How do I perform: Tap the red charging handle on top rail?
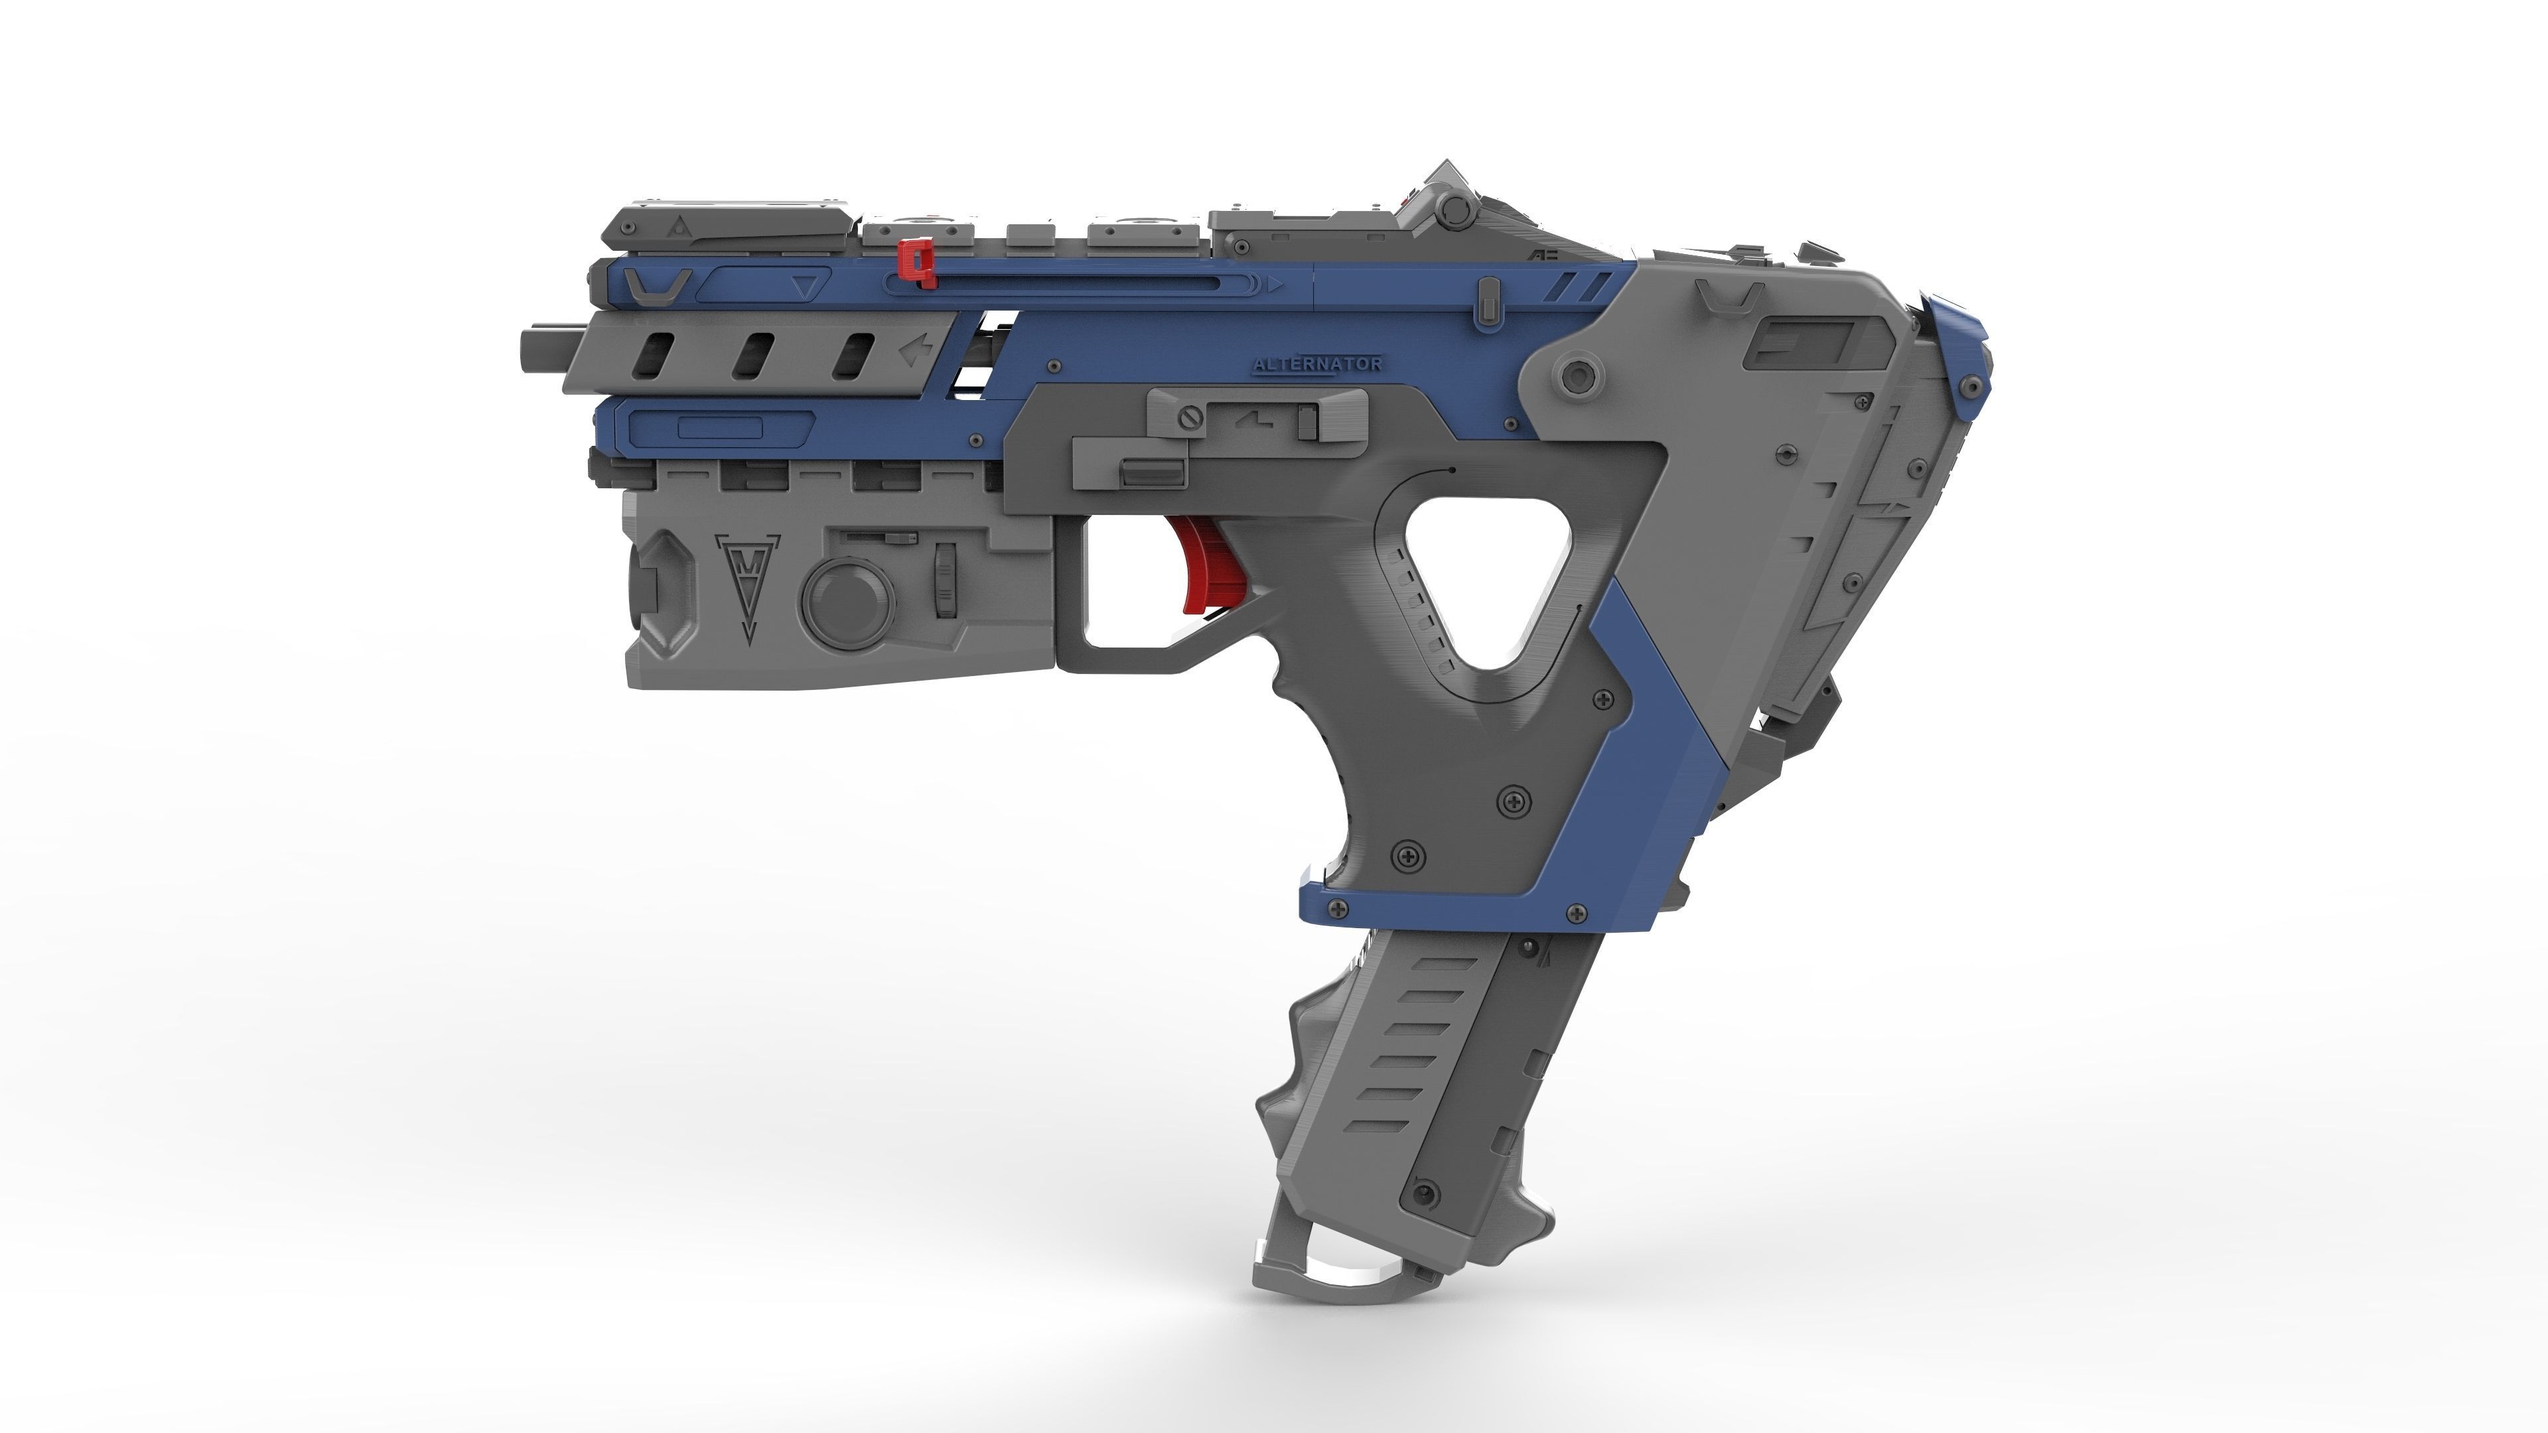(918, 262)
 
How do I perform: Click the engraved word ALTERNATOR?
(1318, 364)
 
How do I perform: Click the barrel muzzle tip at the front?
(534, 350)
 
